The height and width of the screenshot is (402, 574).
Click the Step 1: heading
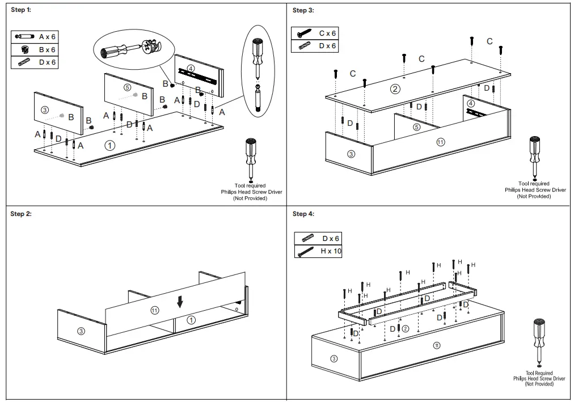22,10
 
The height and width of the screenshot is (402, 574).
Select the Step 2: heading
22,214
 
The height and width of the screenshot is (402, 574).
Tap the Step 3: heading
303,10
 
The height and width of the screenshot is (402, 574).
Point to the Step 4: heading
303,214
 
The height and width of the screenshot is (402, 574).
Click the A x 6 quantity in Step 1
47,37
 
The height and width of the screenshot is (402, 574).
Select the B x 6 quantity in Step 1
47,50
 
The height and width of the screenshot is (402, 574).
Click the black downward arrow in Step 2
180,302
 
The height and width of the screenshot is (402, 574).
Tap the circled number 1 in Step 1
110,145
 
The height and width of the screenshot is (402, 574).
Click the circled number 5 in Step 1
126,87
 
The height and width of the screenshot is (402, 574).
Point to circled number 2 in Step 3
395,88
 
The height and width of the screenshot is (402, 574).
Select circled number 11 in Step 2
154,310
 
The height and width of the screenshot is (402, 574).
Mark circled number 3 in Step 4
333,358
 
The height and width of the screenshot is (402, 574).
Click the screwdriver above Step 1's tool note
250,159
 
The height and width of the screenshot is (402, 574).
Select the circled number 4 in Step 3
471,104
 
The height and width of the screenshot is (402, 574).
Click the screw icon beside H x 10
305,251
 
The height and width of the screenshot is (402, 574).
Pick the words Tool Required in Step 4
538,373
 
